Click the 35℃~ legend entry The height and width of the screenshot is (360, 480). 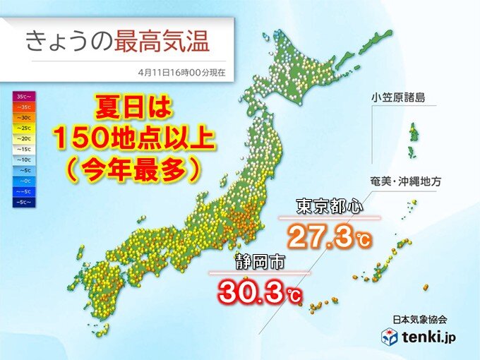tap(23, 94)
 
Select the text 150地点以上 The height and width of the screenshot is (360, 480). tap(135, 140)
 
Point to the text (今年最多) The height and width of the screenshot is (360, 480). tap(134, 170)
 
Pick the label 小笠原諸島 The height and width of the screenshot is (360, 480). tap(401, 97)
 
